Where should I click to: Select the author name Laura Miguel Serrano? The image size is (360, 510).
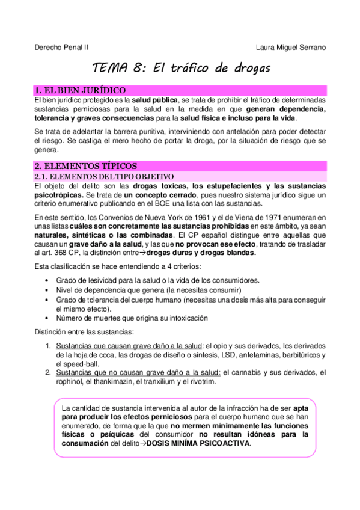tap(291, 48)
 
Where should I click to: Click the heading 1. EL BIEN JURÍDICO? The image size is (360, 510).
tap(80, 90)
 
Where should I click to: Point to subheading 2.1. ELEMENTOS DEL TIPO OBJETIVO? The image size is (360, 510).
tap(104, 176)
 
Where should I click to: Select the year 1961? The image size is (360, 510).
tap(171, 217)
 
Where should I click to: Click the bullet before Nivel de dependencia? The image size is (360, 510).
tap(47, 289)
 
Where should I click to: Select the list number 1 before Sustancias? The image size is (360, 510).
tap(48, 346)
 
